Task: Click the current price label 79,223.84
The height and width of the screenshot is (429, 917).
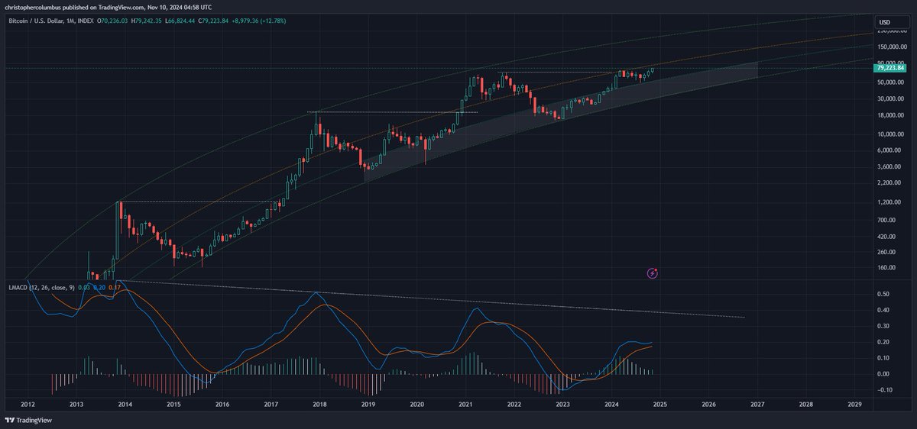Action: click(x=889, y=68)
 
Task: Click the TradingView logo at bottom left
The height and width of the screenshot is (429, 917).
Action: click(x=27, y=421)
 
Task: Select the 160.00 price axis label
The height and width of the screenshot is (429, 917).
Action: click(x=885, y=268)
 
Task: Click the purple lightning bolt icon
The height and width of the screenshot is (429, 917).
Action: click(x=653, y=273)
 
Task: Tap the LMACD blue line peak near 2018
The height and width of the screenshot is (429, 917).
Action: click(x=318, y=292)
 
